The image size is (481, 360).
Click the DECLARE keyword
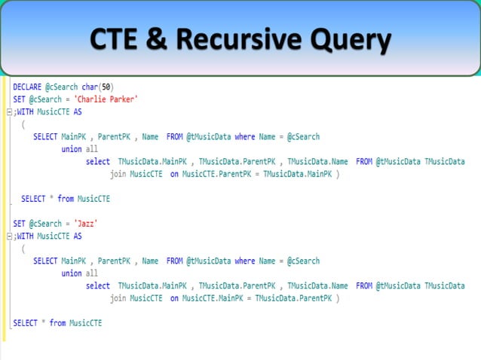[27, 87]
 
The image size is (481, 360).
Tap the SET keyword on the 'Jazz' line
[20, 224]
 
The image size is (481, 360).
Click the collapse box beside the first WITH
[9, 112]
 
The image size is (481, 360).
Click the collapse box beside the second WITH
[9, 236]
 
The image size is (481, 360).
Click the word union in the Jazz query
[72, 273]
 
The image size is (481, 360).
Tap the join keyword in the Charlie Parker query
[118, 174]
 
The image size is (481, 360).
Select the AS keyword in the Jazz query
[77, 236]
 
